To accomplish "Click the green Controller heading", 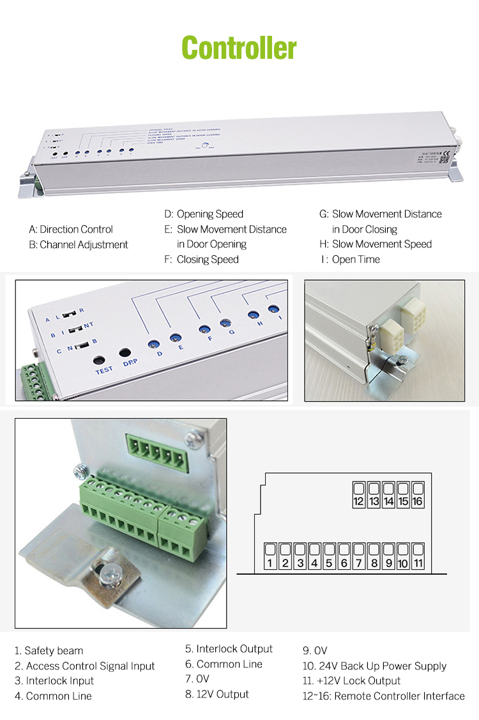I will pyautogui.click(x=239, y=48).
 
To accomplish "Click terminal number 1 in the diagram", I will pyautogui.click(x=270, y=557).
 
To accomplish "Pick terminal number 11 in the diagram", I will pyautogui.click(x=418, y=557).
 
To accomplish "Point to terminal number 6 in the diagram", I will pyautogui.click(x=344, y=557).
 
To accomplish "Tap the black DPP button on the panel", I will pyautogui.click(x=125, y=353).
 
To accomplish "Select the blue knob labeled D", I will pyautogui.click(x=153, y=344).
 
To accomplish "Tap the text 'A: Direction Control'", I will pyautogui.click(x=71, y=229).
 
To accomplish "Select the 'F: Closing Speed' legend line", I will pyautogui.click(x=201, y=260).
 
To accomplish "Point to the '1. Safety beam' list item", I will pyautogui.click(x=49, y=651).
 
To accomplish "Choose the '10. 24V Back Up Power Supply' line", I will pyautogui.click(x=374, y=666).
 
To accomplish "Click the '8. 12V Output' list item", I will pyautogui.click(x=217, y=694).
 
